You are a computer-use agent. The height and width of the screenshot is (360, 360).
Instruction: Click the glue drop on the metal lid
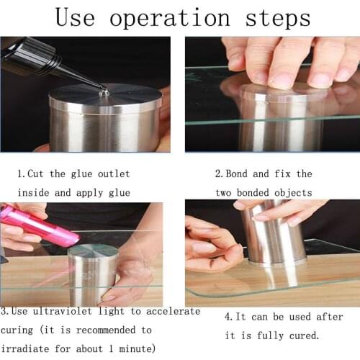104,91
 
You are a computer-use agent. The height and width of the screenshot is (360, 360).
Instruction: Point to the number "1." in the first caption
22,174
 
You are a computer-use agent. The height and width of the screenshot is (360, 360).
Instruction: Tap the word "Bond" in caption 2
239,174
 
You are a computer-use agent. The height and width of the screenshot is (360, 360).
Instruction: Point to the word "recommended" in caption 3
114,330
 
